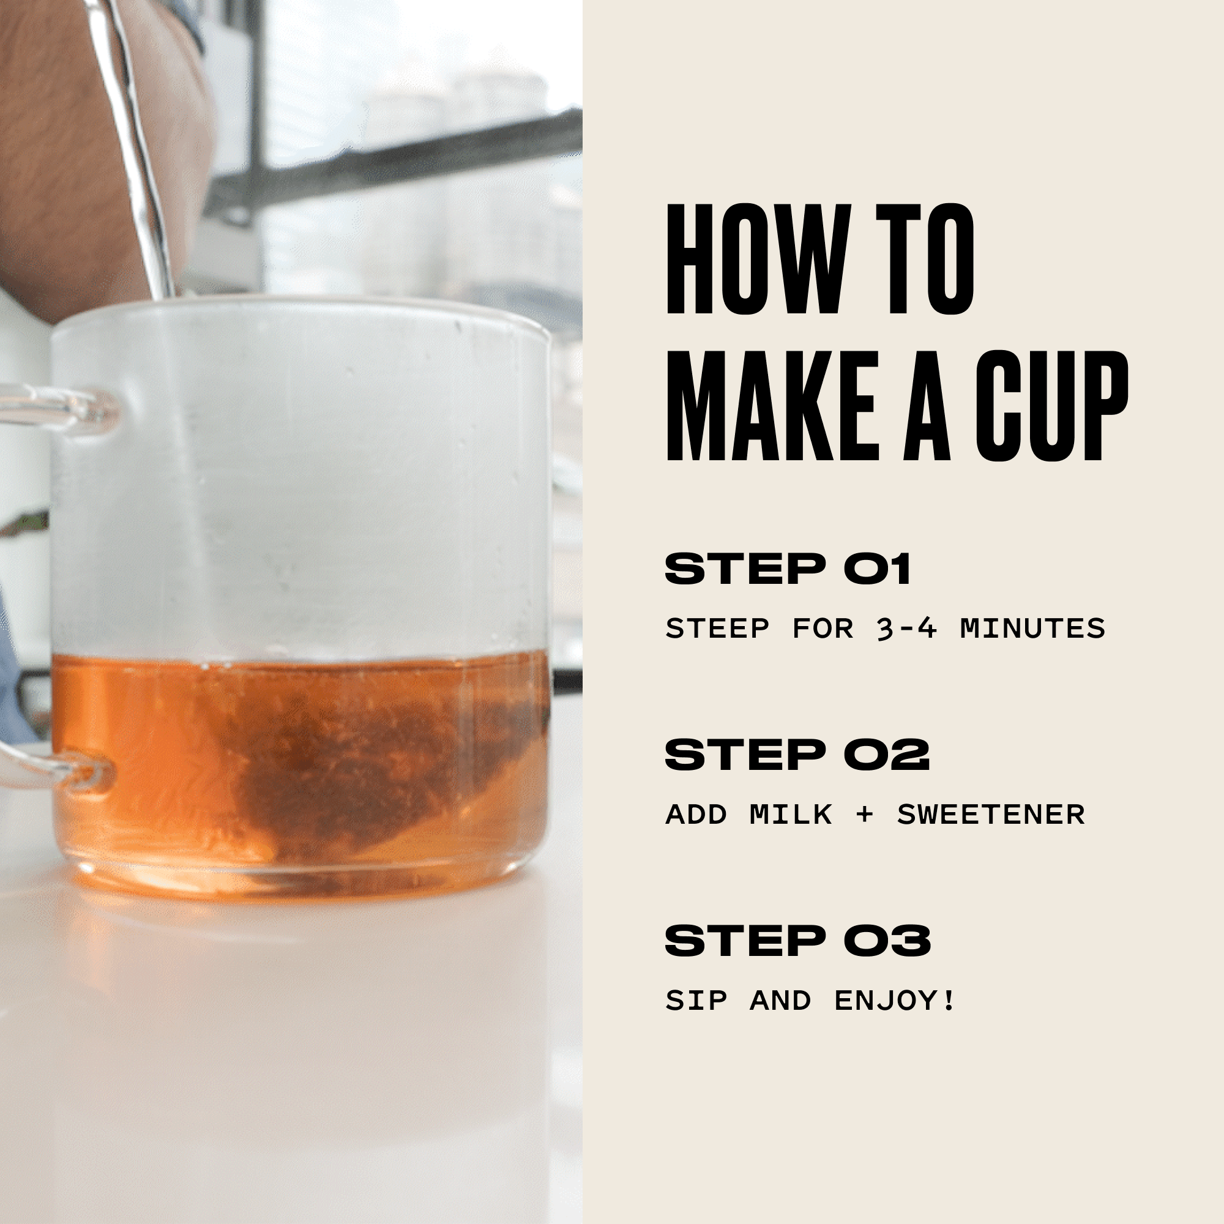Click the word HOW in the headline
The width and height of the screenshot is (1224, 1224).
[758, 258]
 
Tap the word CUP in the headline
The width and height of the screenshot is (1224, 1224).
[1051, 406]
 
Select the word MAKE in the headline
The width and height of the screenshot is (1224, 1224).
[771, 406]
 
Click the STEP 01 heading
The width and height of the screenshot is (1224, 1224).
[788, 569]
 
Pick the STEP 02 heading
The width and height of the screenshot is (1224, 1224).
[797, 754]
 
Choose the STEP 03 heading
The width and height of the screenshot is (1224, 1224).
[797, 940]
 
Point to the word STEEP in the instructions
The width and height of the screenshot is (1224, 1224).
[717, 629]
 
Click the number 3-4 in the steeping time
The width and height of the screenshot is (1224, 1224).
[906, 629]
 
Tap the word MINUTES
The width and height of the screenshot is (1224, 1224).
[1032, 629]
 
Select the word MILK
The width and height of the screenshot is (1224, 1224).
[791, 814]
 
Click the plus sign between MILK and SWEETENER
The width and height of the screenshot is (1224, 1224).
[864, 815]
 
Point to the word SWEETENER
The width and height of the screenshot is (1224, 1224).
[991, 814]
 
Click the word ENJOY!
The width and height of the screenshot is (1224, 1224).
[894, 1001]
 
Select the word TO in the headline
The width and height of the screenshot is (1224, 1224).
[925, 258]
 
